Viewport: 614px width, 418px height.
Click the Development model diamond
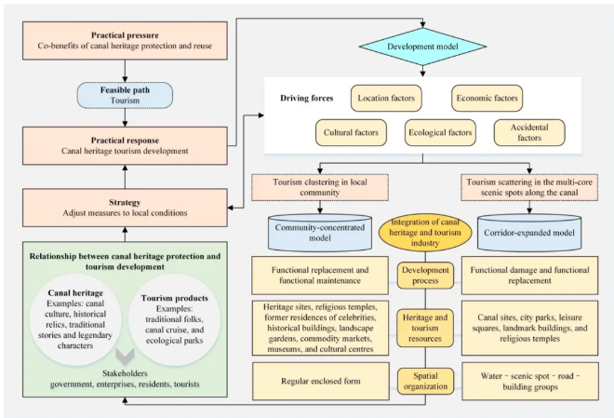click(x=422, y=46)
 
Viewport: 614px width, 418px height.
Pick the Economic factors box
click(x=486, y=97)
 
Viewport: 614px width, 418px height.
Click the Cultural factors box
click(x=351, y=132)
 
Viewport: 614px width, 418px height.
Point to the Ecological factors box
click(x=439, y=132)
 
